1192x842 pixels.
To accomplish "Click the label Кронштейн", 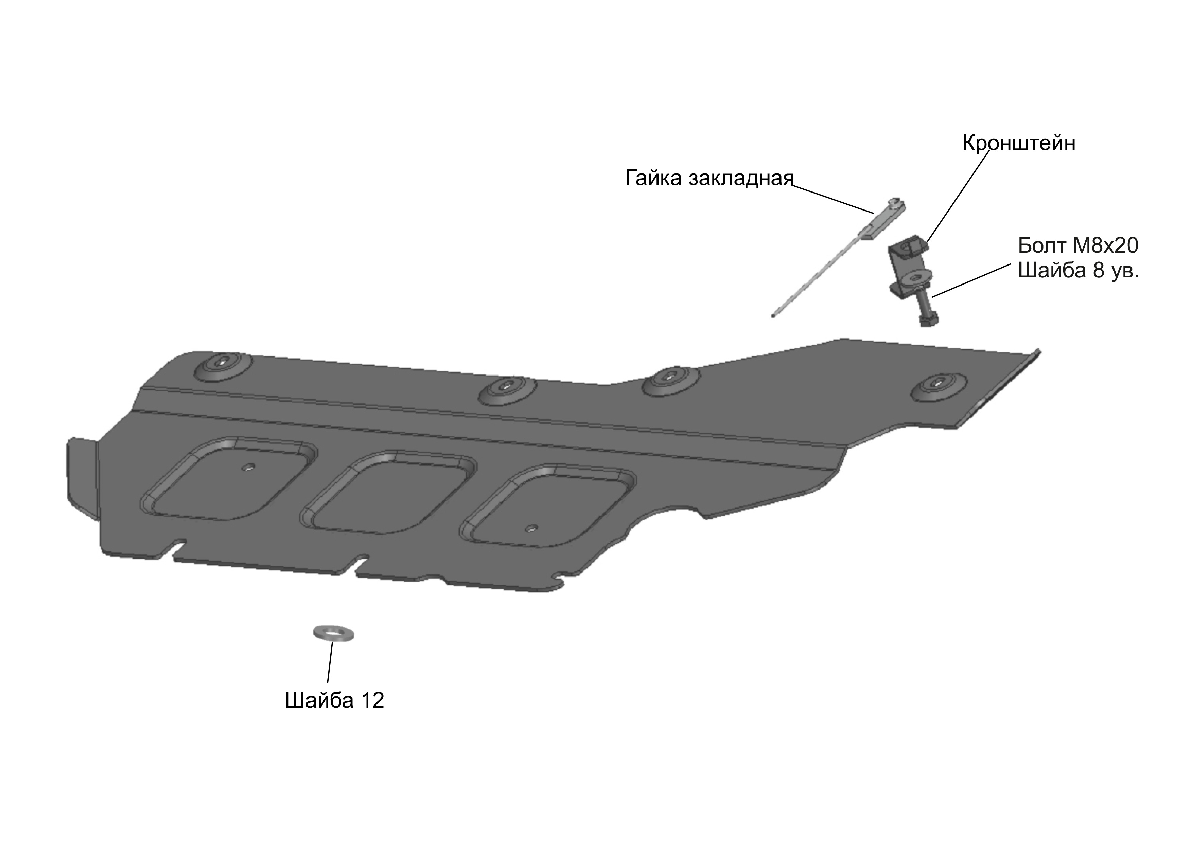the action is point(1019,143).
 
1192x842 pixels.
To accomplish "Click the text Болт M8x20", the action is point(1078,245).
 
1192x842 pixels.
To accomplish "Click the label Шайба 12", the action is point(334,700).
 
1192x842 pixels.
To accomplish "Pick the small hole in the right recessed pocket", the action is point(530,528).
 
